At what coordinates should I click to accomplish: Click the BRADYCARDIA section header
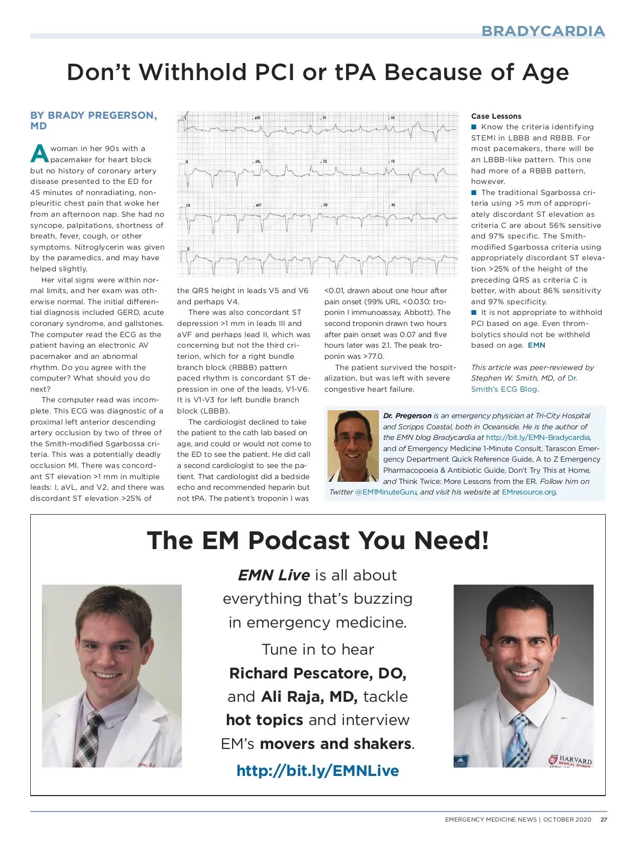543,31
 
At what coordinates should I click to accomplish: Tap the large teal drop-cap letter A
40,154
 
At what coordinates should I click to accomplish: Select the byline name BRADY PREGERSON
102,116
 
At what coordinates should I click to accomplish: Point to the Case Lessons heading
496,116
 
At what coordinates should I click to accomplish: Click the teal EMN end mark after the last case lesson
536,345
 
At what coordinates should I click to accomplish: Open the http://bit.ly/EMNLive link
317,770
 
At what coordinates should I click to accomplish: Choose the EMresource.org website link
528,492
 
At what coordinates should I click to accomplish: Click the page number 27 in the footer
604,819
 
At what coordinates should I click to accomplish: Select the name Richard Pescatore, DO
317,673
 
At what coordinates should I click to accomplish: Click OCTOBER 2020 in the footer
567,819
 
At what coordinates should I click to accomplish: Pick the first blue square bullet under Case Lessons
474,127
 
